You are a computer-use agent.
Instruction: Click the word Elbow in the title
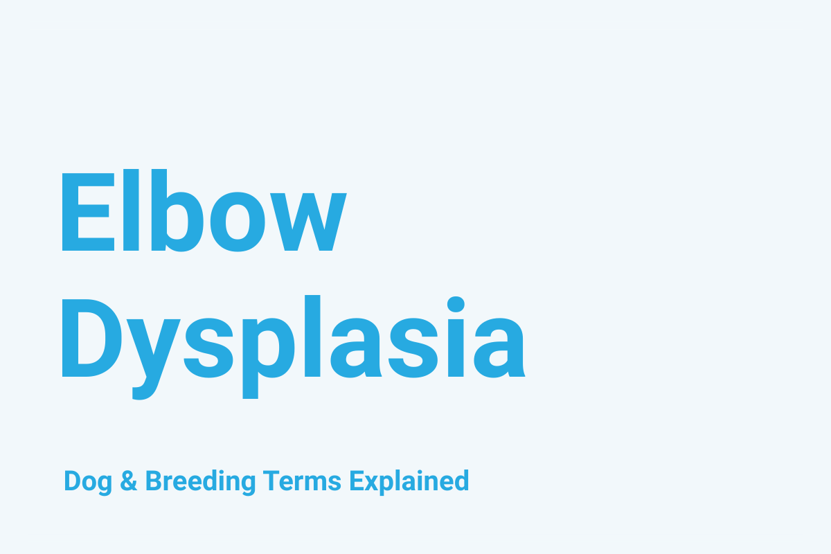coord(202,211)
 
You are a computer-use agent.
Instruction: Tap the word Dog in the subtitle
coord(88,481)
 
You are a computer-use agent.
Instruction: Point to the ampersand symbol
coord(129,481)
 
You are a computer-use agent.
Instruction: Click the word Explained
coord(409,481)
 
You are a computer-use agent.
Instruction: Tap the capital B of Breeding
coord(153,481)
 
